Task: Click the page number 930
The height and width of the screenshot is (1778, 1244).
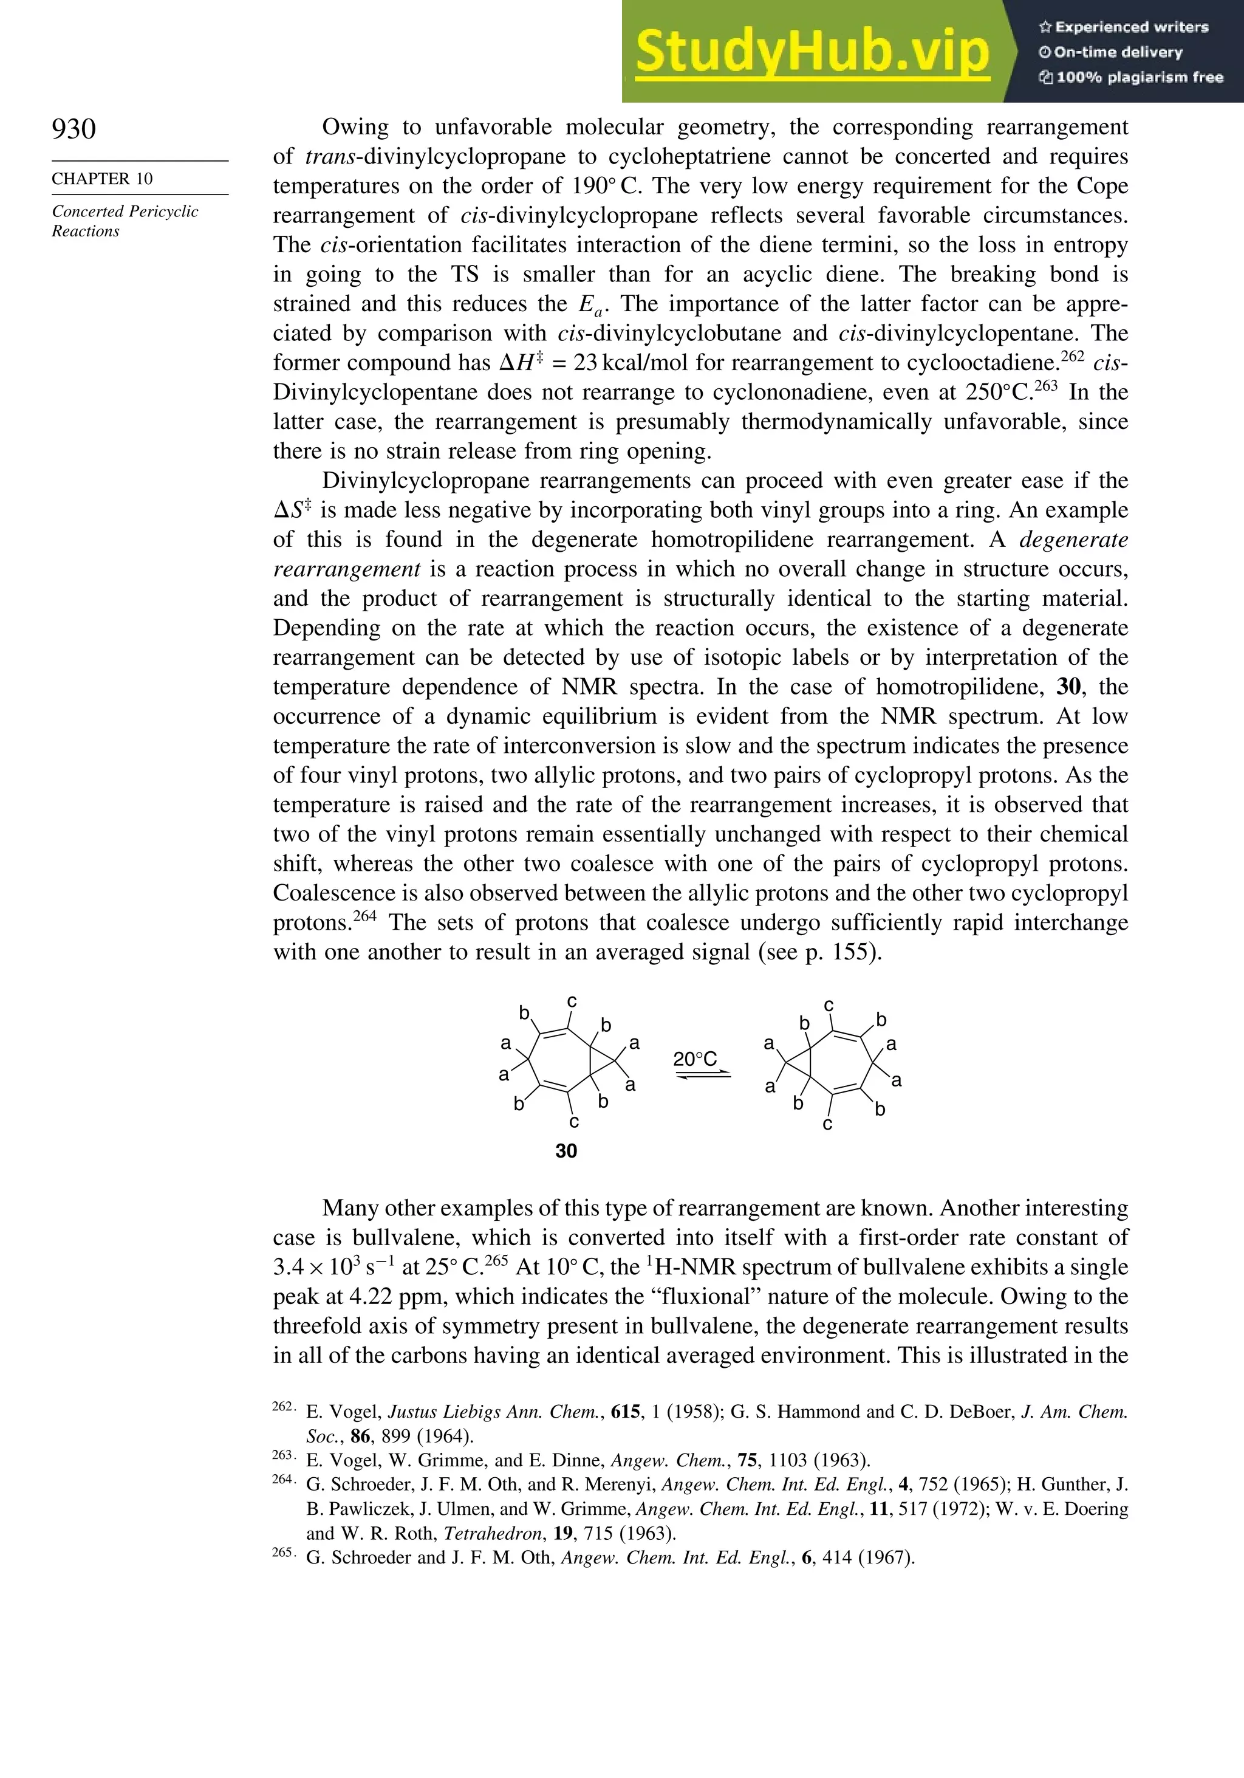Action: click(x=73, y=129)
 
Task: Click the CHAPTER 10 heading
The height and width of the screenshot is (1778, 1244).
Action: click(x=102, y=179)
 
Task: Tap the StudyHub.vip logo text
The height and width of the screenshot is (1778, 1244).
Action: click(x=812, y=52)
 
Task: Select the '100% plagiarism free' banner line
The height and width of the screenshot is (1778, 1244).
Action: click(x=1131, y=77)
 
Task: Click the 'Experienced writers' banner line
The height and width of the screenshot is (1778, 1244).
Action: click(x=1123, y=27)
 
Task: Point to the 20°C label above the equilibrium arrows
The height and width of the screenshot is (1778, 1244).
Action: click(x=694, y=1059)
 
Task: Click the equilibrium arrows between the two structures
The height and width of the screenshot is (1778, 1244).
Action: click(x=702, y=1075)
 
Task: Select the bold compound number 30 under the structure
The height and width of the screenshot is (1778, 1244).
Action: click(x=566, y=1152)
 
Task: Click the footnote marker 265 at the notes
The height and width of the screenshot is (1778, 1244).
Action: click(x=282, y=1552)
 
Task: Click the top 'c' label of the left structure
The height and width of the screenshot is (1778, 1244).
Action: click(x=572, y=1001)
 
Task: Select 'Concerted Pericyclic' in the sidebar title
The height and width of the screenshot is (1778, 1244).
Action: click(x=125, y=211)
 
